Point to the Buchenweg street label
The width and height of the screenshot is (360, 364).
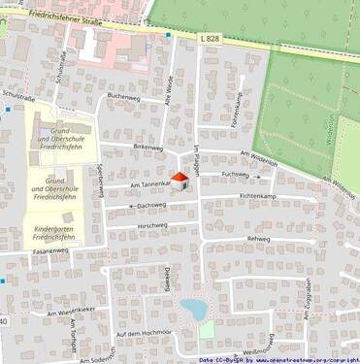click(124, 97)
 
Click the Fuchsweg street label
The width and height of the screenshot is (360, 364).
click(235, 175)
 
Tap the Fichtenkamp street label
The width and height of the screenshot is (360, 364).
click(256, 197)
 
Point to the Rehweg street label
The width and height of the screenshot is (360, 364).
click(259, 238)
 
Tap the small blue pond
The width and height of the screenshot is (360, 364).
click(193, 310)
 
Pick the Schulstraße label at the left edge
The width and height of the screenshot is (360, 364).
click(19, 96)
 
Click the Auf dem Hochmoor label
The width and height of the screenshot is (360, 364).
click(143, 334)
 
